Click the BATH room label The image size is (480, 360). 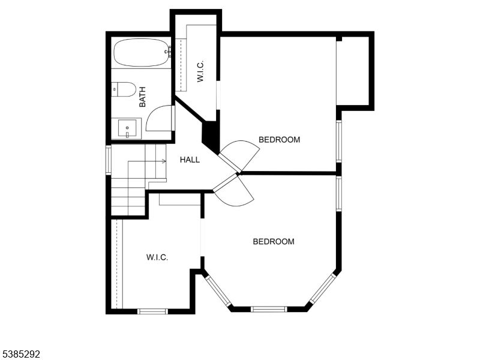point(142,97)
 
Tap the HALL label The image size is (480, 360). point(190,160)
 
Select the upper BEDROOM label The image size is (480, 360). point(279,140)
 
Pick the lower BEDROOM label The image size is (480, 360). point(274,242)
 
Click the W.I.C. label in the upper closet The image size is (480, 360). point(201,73)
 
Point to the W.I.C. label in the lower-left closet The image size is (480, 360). point(157,257)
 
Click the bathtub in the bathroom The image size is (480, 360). point(141,53)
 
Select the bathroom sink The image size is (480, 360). point(127,128)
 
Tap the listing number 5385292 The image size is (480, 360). point(20,355)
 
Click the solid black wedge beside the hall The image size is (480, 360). point(211,137)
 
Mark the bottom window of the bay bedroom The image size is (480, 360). point(268,309)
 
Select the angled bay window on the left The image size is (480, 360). point(218,291)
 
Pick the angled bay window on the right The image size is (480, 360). point(323,289)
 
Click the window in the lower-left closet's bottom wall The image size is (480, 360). point(152,311)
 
